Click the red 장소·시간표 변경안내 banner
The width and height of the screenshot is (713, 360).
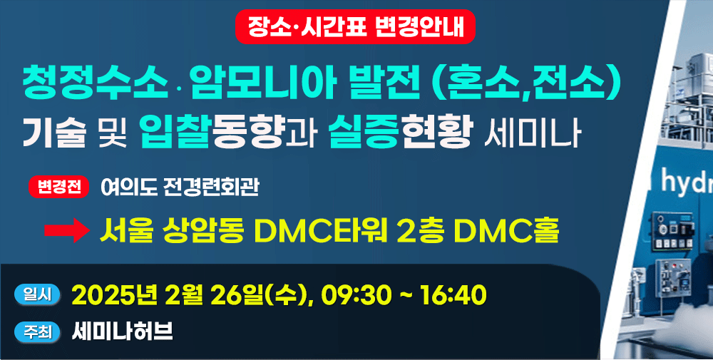pos(355,27)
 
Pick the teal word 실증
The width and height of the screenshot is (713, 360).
pos(364,132)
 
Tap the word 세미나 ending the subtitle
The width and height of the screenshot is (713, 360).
pos(533,133)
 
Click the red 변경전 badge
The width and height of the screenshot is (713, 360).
pos(58,187)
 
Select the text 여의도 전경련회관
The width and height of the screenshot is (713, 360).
pos(180,187)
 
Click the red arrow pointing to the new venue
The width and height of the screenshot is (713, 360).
pos(67,230)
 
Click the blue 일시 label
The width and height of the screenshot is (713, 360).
pos(37,295)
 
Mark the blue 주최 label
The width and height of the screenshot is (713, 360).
pos(37,332)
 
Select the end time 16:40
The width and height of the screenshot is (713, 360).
pos(453,295)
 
